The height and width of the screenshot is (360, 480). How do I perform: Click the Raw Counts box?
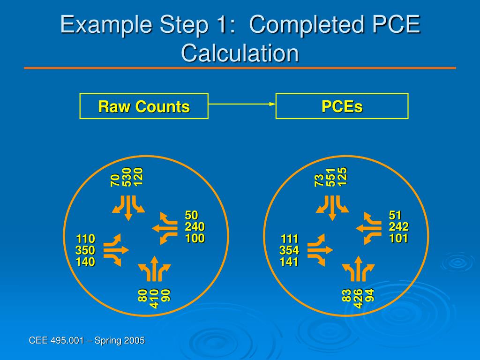[144, 106]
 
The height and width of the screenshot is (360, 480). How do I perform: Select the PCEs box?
[342, 106]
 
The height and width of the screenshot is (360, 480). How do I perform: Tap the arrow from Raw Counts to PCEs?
[242, 104]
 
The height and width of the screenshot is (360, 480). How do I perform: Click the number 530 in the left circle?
[127, 177]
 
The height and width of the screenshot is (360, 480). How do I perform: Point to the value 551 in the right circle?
[331, 177]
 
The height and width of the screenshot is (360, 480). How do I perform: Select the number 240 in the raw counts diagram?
[195, 227]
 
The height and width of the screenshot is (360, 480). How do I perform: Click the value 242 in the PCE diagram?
[398, 227]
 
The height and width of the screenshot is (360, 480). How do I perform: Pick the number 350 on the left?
[85, 250]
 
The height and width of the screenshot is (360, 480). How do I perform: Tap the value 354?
[289, 250]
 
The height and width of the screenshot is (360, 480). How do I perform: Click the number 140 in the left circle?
[85, 262]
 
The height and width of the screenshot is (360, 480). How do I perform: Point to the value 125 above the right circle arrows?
[343, 177]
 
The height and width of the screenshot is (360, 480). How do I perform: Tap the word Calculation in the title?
[240, 52]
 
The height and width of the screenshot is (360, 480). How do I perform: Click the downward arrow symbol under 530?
[128, 209]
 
